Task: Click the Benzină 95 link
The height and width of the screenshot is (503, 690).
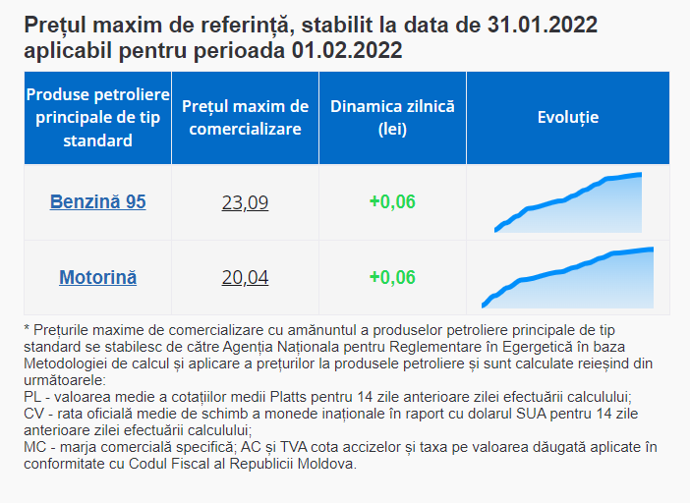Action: [97, 202]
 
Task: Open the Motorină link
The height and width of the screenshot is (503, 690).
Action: [97, 277]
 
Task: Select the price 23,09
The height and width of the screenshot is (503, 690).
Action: [245, 203]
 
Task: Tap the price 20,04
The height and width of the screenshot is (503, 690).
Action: [245, 278]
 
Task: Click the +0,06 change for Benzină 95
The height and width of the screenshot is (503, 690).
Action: [392, 202]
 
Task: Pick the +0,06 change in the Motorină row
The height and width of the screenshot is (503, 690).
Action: [392, 277]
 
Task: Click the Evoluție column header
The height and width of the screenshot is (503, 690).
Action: [568, 118]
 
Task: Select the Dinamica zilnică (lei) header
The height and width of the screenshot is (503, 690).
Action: [392, 118]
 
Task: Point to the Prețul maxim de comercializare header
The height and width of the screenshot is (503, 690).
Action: [245, 118]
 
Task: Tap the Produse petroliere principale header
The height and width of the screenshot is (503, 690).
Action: [97, 118]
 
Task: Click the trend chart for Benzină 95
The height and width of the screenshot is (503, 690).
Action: [568, 203]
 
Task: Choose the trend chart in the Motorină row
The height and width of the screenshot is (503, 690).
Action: [568, 278]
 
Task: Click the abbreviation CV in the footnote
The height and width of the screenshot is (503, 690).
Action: [31, 413]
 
